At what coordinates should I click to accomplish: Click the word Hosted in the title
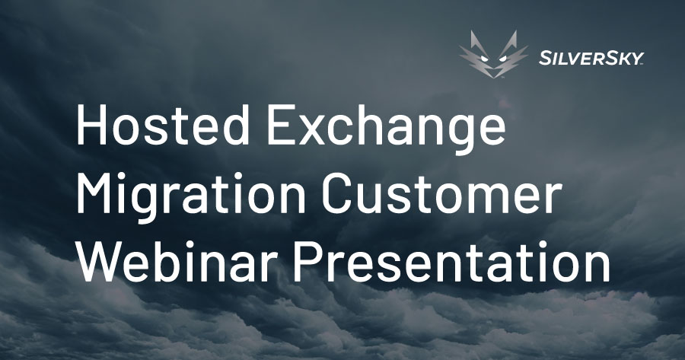click(x=163, y=125)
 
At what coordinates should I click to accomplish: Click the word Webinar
click(x=178, y=261)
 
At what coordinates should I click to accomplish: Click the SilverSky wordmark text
click(x=591, y=58)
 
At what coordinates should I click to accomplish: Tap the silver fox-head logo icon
click(x=493, y=55)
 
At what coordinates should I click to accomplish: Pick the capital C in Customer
click(x=337, y=193)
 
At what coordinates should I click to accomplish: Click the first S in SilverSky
click(x=545, y=58)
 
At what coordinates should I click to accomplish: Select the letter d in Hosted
click(x=235, y=126)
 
